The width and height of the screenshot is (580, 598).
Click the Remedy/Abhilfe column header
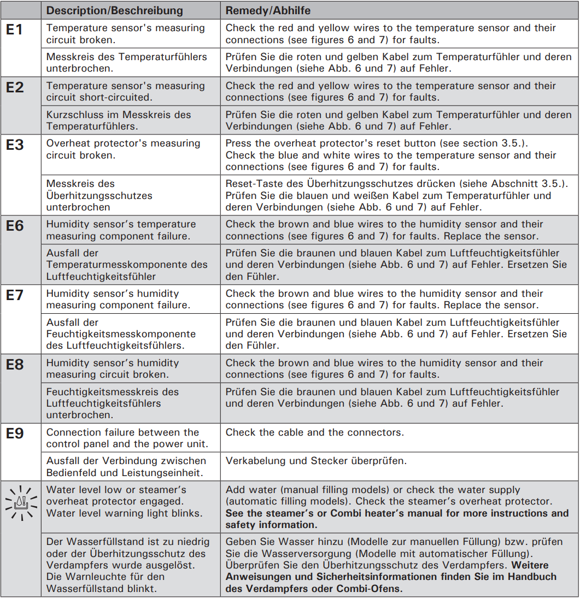(268, 10)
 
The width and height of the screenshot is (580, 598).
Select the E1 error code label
(15, 30)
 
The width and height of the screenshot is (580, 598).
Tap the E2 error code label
(15, 87)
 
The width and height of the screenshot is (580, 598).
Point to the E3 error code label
(15, 145)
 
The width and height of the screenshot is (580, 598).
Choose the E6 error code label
(15, 226)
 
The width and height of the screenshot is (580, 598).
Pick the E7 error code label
(15, 295)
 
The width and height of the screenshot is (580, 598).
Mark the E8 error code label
(15, 365)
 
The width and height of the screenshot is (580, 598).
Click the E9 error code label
(15, 434)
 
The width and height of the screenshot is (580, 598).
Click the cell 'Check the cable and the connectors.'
(314, 432)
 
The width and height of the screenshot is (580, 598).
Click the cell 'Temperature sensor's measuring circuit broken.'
(125, 33)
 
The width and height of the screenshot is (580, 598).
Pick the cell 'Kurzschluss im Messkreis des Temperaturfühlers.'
(119, 120)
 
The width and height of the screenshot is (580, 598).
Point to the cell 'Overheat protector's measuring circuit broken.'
(123, 149)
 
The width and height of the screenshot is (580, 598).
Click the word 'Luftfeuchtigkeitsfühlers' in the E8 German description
(104, 403)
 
